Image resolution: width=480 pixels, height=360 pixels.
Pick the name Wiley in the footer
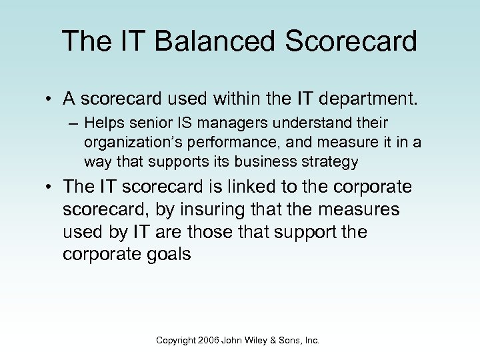[257, 340]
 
